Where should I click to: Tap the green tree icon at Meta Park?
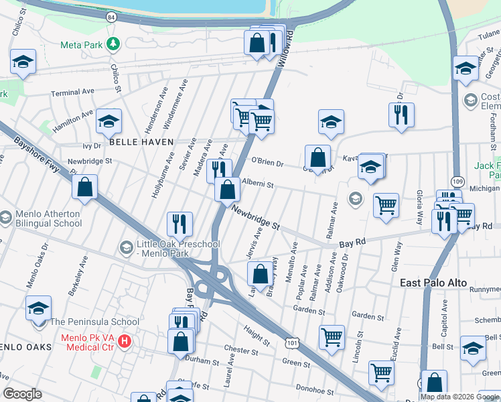coord(115,44)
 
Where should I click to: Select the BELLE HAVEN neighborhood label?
coord(141,142)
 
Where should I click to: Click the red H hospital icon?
coord(124,342)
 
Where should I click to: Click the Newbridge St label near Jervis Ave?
coord(255,218)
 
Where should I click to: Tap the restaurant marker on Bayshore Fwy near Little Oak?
coord(180,222)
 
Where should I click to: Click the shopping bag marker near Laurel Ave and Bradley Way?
coord(260,273)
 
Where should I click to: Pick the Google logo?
coord(23,394)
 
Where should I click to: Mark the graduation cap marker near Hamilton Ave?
coord(108,121)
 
